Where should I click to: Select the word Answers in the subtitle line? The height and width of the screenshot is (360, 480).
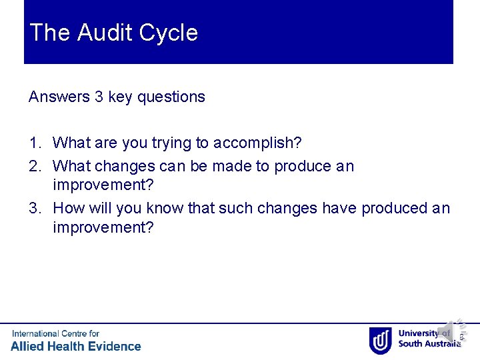point(59,97)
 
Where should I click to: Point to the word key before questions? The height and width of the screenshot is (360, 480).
point(120,97)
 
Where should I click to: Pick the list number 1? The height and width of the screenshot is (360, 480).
point(35,143)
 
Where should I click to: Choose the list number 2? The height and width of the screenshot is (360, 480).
point(35,166)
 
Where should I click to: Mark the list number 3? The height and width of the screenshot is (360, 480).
point(35,208)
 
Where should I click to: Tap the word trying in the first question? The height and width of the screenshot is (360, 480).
point(173,143)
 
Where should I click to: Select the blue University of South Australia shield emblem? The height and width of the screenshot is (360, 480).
point(380,340)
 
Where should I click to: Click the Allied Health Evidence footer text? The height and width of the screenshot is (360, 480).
point(76,346)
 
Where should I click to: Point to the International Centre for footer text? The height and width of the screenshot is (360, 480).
point(55,333)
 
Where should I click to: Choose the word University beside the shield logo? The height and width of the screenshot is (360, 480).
point(419,333)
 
